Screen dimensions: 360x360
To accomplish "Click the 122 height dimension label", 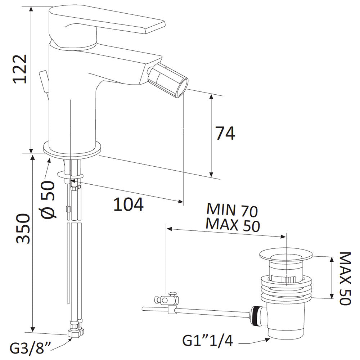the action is point(21,69).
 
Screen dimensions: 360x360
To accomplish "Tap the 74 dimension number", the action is point(225,133).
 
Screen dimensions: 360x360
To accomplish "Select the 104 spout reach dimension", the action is point(129,204).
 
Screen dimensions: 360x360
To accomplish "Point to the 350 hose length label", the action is point(23,229).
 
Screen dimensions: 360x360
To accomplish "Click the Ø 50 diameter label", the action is point(48,199).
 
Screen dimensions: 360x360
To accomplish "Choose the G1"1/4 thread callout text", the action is point(208,341).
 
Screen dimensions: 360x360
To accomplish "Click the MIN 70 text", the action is point(232,210).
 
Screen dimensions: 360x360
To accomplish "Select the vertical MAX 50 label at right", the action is point(345,279).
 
